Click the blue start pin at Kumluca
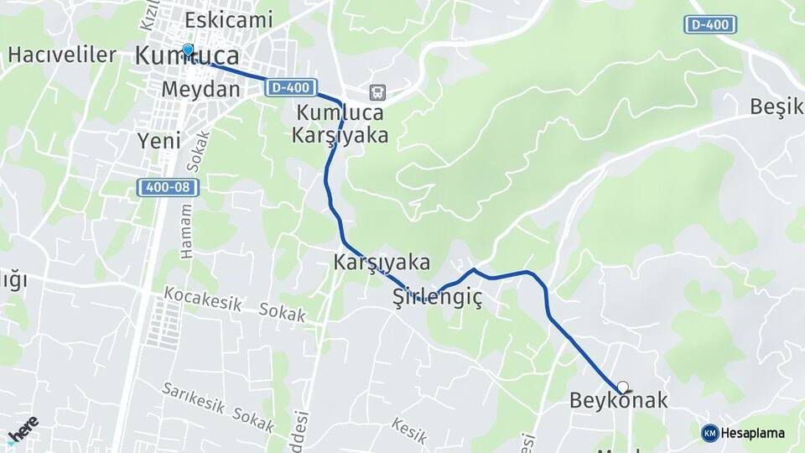pyautogui.click(x=188, y=50)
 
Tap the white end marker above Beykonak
pyautogui.click(x=622, y=387)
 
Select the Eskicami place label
pyautogui.click(x=229, y=18)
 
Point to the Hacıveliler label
pyautogui.click(x=62, y=55)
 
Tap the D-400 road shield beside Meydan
pyautogui.click(x=293, y=87)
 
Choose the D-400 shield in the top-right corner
pyautogui.click(x=710, y=24)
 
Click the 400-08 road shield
pyautogui.click(x=169, y=187)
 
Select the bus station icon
pyautogui.click(x=377, y=91)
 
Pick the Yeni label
pyautogui.click(x=158, y=141)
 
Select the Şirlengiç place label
pyautogui.click(x=438, y=298)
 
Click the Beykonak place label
pyautogui.click(x=619, y=401)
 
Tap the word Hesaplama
pyautogui.click(x=753, y=433)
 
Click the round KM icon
pyautogui.click(x=709, y=433)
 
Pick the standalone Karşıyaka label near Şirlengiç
pyautogui.click(x=382, y=262)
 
